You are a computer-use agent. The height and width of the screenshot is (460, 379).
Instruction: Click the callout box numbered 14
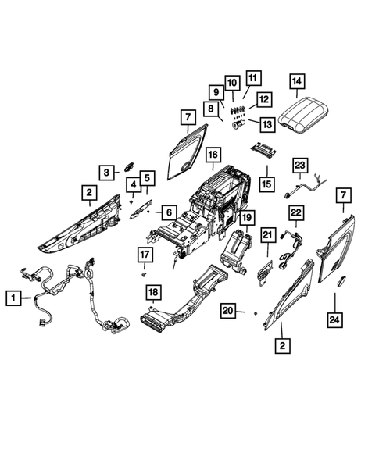pyautogui.click(x=295, y=80)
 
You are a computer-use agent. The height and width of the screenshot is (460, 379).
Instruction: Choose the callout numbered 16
pyautogui.click(x=211, y=156)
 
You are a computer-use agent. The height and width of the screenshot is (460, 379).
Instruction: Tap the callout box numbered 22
pyautogui.click(x=296, y=212)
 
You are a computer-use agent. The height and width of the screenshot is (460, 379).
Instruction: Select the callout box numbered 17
pyautogui.click(x=145, y=255)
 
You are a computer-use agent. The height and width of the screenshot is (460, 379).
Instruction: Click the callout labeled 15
pyautogui.click(x=266, y=184)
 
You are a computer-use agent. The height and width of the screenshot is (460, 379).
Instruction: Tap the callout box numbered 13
pyautogui.click(x=266, y=123)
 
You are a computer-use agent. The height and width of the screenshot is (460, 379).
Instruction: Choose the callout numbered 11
pyautogui.click(x=252, y=78)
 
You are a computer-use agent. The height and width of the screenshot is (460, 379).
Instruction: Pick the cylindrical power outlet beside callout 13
pyautogui.click(x=239, y=123)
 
